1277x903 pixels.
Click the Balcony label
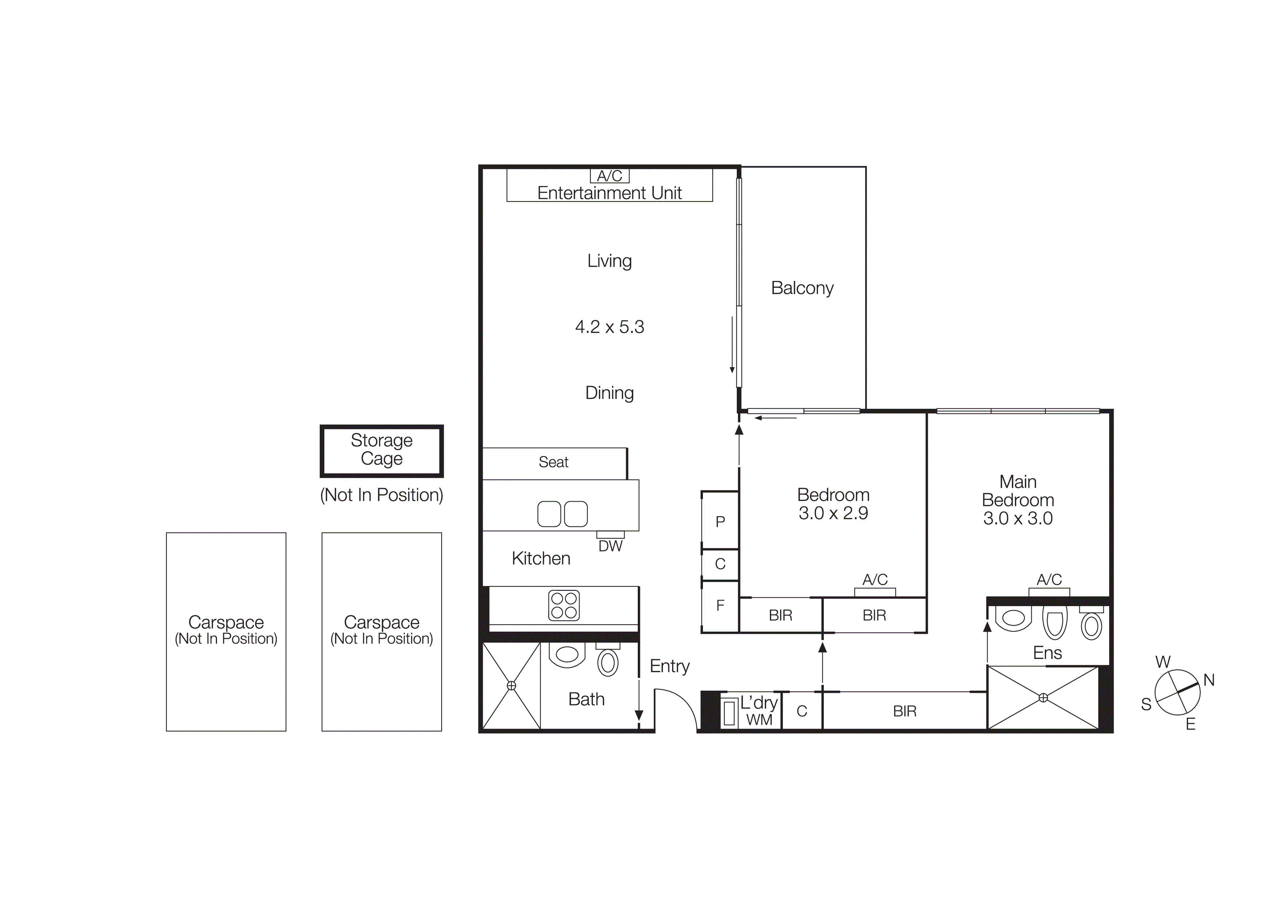pyautogui.click(x=802, y=288)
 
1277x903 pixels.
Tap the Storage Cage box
pyautogui.click(x=381, y=450)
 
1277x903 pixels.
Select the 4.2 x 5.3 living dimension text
pyautogui.click(x=610, y=327)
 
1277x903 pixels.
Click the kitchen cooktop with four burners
pyautogui.click(x=564, y=605)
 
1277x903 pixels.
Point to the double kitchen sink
pyautogui.click(x=562, y=514)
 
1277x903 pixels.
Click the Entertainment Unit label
pyautogui.click(x=610, y=193)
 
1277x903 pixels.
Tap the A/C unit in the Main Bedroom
pyautogui.click(x=1049, y=592)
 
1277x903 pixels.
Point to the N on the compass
pyautogui.click(x=1209, y=680)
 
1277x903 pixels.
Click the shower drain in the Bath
pyautogui.click(x=511, y=686)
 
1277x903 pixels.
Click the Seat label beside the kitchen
pyautogui.click(x=553, y=462)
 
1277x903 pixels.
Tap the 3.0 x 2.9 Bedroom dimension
pyautogui.click(x=833, y=513)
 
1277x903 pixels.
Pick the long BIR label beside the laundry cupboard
pyautogui.click(x=904, y=711)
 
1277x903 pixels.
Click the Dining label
pyautogui.click(x=610, y=393)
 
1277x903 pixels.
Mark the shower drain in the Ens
pyautogui.click(x=1043, y=698)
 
